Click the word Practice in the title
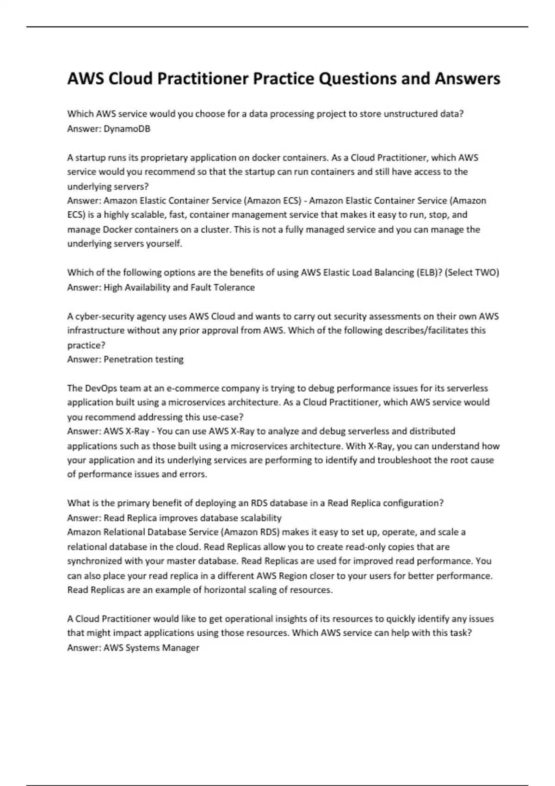283,79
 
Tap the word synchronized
95,561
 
